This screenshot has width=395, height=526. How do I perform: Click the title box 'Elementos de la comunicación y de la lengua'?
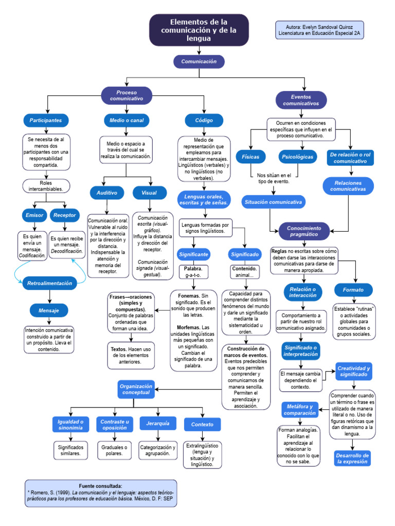(199, 30)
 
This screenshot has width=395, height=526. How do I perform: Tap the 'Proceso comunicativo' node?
(127, 95)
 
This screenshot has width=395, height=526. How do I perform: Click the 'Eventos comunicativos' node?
(301, 100)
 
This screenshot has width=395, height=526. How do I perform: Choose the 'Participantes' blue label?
(46, 120)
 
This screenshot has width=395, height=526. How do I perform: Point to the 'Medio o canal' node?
(127, 120)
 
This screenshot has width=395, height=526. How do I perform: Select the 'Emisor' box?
(34, 215)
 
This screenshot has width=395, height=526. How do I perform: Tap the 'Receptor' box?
(65, 215)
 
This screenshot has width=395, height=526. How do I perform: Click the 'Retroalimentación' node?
(49, 283)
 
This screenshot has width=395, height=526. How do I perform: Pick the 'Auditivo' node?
(107, 193)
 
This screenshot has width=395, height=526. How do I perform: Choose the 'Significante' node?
(193, 254)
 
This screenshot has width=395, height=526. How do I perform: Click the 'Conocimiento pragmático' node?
(304, 231)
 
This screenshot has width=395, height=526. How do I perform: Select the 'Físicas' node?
(250, 156)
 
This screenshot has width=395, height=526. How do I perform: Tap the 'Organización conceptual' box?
(136, 389)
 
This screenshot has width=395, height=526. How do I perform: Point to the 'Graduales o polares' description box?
(114, 450)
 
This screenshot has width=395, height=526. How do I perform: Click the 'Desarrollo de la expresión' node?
(352, 458)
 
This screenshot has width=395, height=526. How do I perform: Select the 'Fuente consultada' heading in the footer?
(100, 485)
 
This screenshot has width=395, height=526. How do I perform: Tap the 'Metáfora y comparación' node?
(300, 409)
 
